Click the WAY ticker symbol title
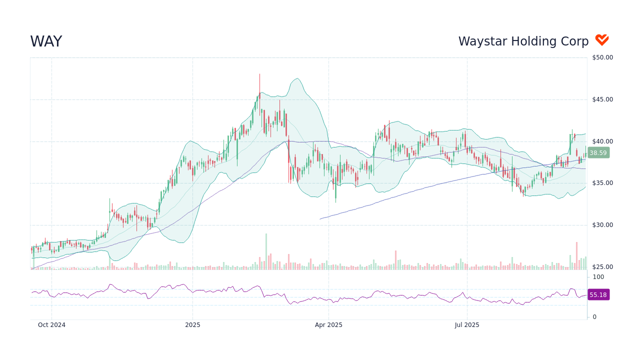46,41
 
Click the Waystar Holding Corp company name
523,41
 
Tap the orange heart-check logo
601,40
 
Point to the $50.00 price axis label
602,57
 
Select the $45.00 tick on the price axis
602,99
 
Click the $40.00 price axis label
602,141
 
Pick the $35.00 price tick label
602,183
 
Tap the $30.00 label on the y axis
602,225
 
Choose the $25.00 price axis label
602,267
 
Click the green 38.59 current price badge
598,153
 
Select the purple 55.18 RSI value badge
598,295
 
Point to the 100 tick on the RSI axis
598,277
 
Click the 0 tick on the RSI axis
594,317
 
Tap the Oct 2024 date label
51,325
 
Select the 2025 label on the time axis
192,325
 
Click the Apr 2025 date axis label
328,325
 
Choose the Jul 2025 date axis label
467,325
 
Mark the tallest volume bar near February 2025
266,251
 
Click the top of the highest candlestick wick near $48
259,74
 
